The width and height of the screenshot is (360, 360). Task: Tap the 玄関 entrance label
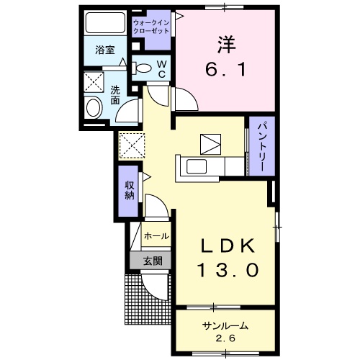151,261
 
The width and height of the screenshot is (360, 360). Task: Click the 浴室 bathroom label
105,50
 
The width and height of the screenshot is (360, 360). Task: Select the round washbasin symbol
93,109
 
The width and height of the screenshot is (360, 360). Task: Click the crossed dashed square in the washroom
93,81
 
